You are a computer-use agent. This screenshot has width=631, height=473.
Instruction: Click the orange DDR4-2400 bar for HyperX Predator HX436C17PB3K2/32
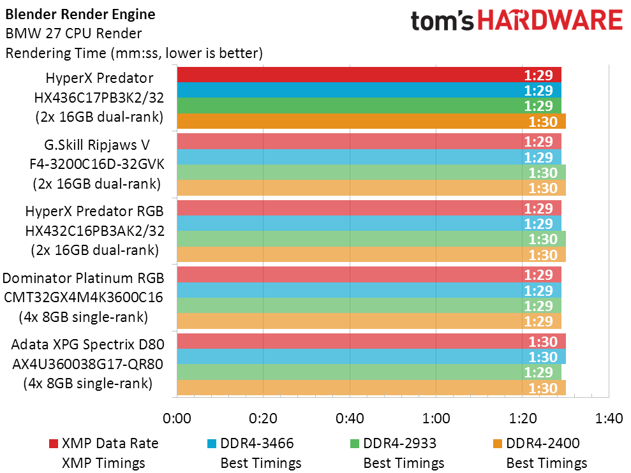pyautogui.click(x=371, y=121)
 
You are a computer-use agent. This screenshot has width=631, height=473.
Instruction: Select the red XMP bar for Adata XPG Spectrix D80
pyautogui.click(x=371, y=341)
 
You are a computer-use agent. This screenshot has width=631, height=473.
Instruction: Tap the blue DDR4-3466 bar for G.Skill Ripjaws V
pyautogui.click(x=369, y=157)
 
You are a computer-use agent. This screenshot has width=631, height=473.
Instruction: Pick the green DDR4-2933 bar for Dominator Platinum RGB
pyautogui.click(x=369, y=306)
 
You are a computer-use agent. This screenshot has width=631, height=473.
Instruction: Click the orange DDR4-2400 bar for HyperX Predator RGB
pyautogui.click(x=371, y=254)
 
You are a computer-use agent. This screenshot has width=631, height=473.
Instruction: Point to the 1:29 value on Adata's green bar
pyautogui.click(x=538, y=372)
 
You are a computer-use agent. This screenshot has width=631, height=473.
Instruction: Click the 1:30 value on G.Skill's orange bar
pyautogui.click(x=543, y=188)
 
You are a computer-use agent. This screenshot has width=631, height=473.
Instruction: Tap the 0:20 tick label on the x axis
pyautogui.click(x=264, y=418)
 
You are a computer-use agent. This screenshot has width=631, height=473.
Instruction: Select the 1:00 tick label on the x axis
pyautogui.click(x=436, y=418)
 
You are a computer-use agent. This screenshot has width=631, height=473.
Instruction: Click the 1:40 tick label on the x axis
pyautogui.click(x=609, y=418)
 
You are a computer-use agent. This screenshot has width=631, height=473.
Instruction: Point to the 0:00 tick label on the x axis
pyautogui.click(x=177, y=418)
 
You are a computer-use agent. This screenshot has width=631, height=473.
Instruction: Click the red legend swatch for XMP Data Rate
pyautogui.click(x=54, y=444)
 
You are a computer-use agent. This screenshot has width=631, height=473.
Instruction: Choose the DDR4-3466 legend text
pyautogui.click(x=257, y=443)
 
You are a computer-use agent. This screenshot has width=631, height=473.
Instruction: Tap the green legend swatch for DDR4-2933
pyautogui.click(x=355, y=444)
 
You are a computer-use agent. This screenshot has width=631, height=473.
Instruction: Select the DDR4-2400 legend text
pyautogui.click(x=543, y=443)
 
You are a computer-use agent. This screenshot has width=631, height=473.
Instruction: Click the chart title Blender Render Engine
pyautogui.click(x=80, y=15)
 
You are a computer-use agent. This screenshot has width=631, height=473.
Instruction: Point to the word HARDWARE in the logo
pyautogui.click(x=550, y=20)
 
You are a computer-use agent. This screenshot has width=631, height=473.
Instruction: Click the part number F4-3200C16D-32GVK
pyautogui.click(x=97, y=164)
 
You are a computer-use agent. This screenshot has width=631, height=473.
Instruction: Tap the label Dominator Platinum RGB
pyautogui.click(x=84, y=278)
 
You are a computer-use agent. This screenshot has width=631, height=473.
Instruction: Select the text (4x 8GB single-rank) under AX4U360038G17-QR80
pyautogui.click(x=88, y=383)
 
